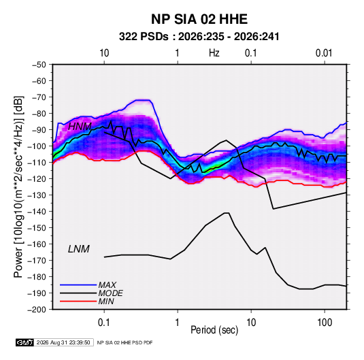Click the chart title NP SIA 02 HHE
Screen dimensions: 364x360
[x=199, y=19]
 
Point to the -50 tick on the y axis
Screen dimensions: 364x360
[x=39, y=65]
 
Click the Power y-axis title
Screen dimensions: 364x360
[x=18, y=187]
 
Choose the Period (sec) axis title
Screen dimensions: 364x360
[x=214, y=330]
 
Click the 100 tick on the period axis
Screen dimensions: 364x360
[x=325, y=323]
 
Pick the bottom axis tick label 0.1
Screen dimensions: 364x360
[x=104, y=323]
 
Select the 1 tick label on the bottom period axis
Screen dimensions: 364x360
[x=177, y=323]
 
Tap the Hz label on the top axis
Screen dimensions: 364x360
[x=214, y=53]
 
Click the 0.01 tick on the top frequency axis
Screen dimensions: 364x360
[x=324, y=53]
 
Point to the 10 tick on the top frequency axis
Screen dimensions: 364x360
[x=104, y=53]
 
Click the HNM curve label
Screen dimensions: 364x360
[x=80, y=127]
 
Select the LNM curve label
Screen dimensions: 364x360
[x=79, y=249]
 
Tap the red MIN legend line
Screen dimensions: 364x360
[x=78, y=301]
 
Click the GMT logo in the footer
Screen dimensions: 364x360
[x=25, y=342]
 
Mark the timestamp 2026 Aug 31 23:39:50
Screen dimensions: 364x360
[x=63, y=342]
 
